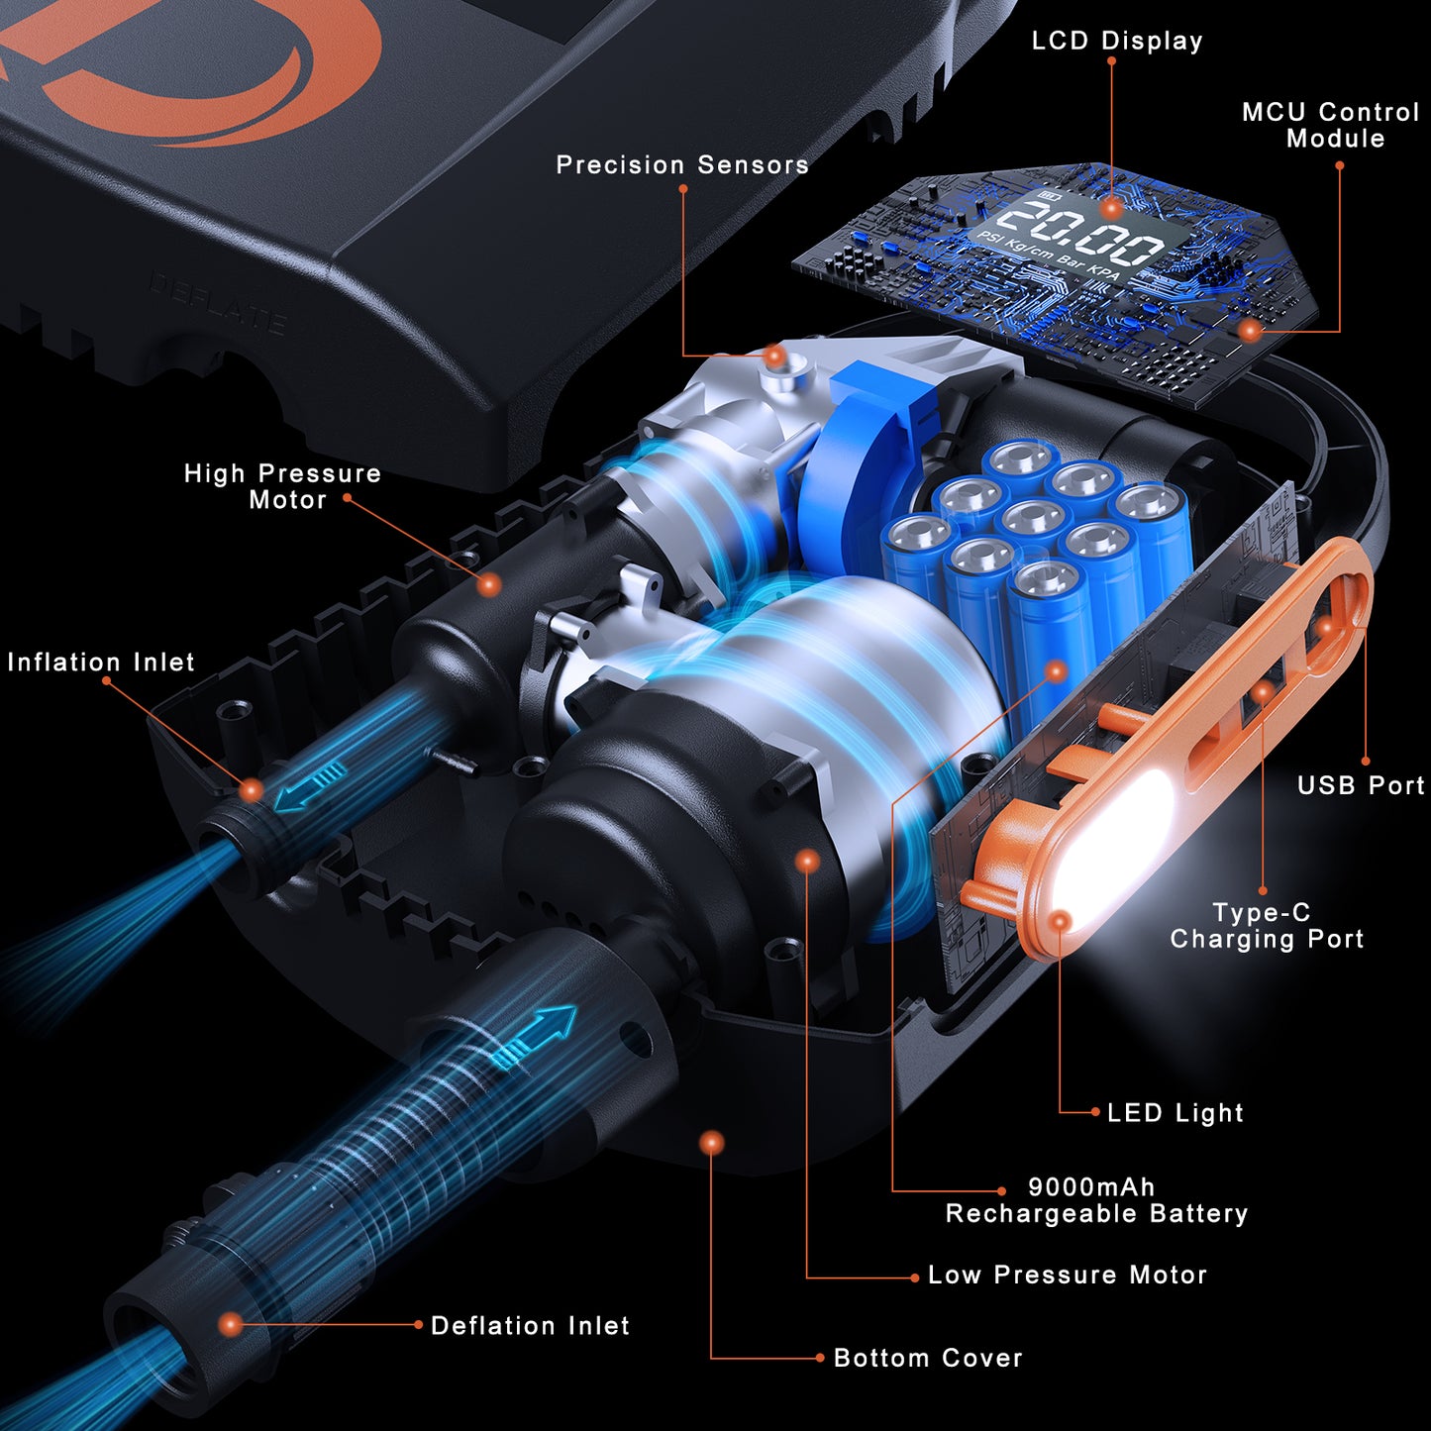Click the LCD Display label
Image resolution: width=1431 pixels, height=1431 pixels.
coord(1117,41)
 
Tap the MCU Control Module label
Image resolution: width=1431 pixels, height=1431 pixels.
coord(1331,125)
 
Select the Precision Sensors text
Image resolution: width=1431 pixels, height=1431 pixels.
coord(682,164)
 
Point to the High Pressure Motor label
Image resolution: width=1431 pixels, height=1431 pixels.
coord(283,486)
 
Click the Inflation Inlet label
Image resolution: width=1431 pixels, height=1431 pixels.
coord(101,662)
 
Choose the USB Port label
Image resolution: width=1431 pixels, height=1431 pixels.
coord(1362,785)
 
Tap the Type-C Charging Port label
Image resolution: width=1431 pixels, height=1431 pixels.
coord(1267,926)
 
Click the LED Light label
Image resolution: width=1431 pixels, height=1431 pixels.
coord(1175,1112)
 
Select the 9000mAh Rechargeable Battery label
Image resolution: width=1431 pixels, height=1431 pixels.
coord(1096,1200)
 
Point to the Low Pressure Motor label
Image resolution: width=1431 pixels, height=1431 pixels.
coord(1068,1275)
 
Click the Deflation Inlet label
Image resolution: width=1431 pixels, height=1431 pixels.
coord(530,1326)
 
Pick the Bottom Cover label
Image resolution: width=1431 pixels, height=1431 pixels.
coord(928,1358)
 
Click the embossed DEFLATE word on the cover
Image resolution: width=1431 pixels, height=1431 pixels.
coord(217,302)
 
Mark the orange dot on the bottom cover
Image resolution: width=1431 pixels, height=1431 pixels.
coord(711,1143)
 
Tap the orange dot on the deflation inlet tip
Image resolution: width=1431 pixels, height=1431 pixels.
coord(231,1324)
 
